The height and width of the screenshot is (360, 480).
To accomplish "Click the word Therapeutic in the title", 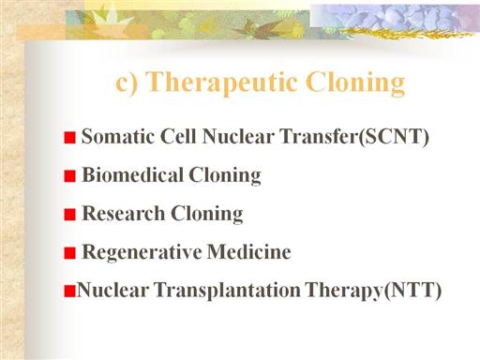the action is (x=222, y=82).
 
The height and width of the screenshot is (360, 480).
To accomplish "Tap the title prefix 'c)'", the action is (x=127, y=83).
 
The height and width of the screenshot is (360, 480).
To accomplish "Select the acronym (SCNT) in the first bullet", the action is (x=394, y=137).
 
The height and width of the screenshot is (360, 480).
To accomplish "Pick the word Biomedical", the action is (x=132, y=174).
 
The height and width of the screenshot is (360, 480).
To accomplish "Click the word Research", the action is (x=123, y=213).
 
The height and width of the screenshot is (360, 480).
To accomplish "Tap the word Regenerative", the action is (x=142, y=252).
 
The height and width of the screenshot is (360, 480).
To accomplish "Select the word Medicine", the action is (x=249, y=251).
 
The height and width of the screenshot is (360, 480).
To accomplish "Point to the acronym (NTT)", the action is (x=412, y=291).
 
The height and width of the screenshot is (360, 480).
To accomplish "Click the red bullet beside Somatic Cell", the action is (x=70, y=138).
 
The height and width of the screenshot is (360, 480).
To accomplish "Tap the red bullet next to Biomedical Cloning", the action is (x=70, y=176).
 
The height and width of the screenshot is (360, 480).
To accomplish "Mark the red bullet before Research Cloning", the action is (x=70, y=215).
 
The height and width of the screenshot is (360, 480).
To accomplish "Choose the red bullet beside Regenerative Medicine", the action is (x=70, y=253).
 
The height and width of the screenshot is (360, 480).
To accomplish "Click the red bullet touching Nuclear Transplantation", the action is (x=70, y=291).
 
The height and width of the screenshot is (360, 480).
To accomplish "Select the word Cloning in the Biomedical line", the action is (x=225, y=175).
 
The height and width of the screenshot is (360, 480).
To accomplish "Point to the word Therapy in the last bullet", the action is (x=345, y=291).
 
